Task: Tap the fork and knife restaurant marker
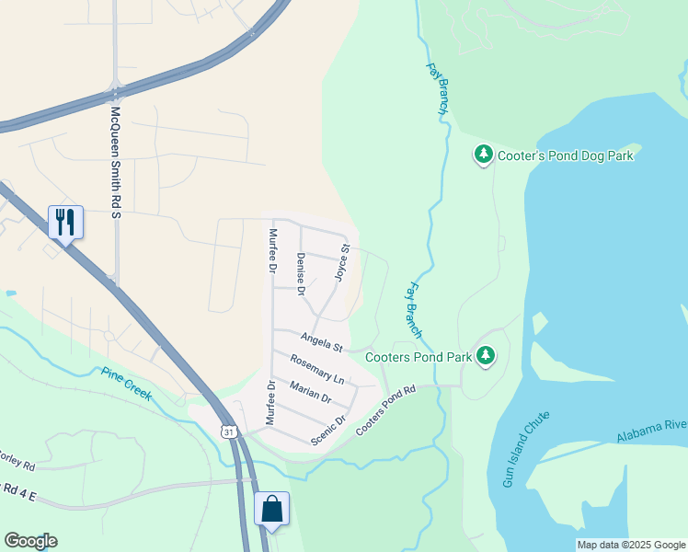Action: tap(65, 222)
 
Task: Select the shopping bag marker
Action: tap(271, 508)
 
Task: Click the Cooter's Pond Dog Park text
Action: tap(566, 155)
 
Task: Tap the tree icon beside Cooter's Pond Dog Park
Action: tap(484, 155)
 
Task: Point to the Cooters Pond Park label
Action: tap(418, 356)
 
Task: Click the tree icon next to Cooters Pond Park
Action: tap(486, 356)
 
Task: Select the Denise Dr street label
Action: tap(300, 273)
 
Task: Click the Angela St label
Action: tap(321, 342)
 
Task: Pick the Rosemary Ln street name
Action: tap(317, 369)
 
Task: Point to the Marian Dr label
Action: tap(310, 391)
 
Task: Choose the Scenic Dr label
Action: tap(328, 430)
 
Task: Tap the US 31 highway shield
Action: tap(228, 431)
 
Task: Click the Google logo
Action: tap(30, 541)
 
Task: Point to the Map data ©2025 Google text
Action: tap(630, 545)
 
